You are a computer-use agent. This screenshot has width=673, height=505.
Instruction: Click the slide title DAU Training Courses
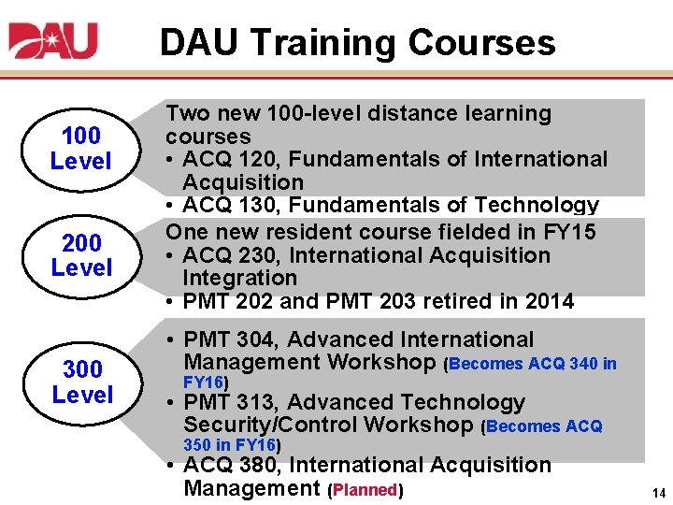[357, 42]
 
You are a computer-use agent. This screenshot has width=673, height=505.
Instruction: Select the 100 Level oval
[80, 149]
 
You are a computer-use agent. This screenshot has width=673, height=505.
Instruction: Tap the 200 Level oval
[80, 256]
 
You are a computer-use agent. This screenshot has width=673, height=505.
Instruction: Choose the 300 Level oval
[81, 382]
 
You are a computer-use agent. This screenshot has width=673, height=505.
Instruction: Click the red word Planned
[365, 489]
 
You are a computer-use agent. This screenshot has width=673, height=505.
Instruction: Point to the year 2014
[546, 301]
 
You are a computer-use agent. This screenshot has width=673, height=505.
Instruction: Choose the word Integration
[239, 278]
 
